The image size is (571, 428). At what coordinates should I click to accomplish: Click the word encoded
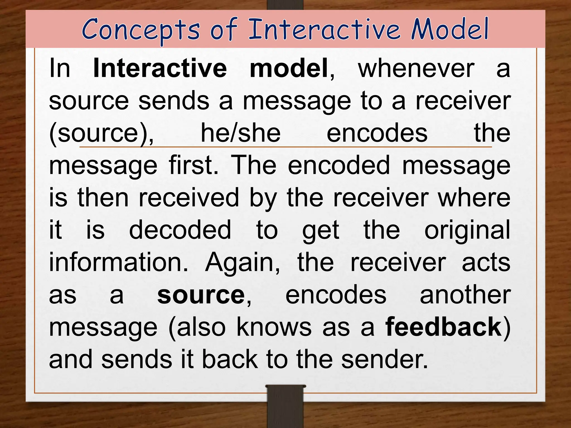(339, 166)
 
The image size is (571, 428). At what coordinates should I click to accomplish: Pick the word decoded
(180, 230)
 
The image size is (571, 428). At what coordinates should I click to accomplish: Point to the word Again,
(243, 263)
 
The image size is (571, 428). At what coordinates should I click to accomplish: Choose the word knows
(274, 327)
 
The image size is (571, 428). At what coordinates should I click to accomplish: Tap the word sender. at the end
(384, 359)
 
